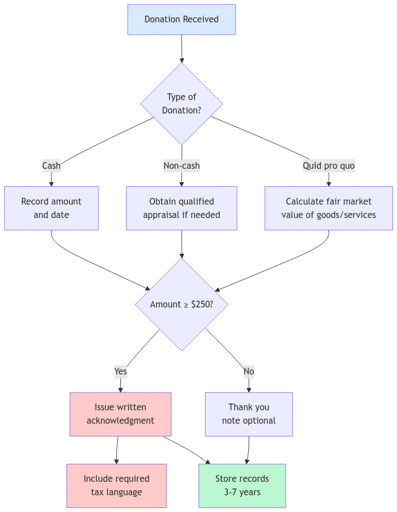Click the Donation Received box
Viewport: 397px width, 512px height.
tap(181, 20)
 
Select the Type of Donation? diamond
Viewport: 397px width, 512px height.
tap(181, 104)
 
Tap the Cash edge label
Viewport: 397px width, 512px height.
tap(51, 165)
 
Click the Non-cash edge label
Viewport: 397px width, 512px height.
tap(181, 165)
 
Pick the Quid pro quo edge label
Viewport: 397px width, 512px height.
tap(328, 165)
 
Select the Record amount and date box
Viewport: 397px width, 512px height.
tap(51, 208)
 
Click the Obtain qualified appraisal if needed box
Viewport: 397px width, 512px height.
tap(181, 208)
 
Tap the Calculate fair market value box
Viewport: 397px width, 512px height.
tap(328, 208)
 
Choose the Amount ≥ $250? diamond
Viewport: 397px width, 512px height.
tap(181, 305)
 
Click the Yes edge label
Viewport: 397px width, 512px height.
tap(120, 371)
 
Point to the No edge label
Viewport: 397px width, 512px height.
tap(249, 371)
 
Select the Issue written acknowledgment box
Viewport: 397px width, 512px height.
tap(120, 414)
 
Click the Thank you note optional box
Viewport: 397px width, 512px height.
tap(249, 414)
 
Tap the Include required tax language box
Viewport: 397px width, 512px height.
tap(116, 485)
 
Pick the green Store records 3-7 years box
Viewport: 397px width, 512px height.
tap(242, 485)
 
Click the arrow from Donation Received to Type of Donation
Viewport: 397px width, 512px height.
tap(181, 49)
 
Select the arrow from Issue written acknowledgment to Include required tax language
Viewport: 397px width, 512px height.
tap(117, 450)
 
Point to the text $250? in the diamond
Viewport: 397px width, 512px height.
tap(202, 305)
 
